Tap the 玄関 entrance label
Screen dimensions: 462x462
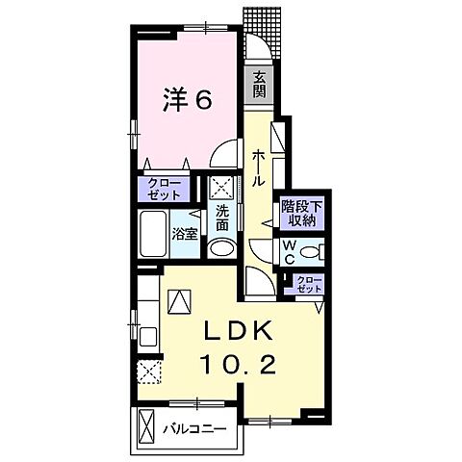point(261,87)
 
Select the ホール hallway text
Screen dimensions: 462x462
point(259,167)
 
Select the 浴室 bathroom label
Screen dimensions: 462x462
point(185,233)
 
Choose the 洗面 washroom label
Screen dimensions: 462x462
point(220,217)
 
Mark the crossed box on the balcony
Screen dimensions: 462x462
point(146,424)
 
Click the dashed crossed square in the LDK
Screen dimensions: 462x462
point(147,370)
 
